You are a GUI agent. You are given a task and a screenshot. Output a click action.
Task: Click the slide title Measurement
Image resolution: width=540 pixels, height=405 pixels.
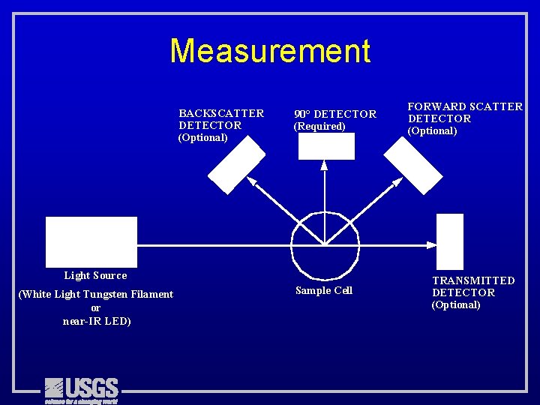coord(270,51)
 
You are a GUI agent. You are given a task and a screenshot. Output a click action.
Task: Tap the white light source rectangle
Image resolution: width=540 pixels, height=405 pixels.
coord(91,241)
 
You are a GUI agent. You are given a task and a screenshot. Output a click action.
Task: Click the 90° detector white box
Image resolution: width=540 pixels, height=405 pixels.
coord(326,146)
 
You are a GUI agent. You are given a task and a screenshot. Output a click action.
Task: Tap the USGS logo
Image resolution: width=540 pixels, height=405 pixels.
coord(81,389)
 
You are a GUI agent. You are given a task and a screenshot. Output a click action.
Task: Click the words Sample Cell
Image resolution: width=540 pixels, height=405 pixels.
coord(324,291)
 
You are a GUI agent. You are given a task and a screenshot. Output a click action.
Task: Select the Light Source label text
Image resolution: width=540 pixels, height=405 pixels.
coord(95,276)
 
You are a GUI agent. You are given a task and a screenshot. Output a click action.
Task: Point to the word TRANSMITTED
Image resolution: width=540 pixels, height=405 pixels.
coord(473,280)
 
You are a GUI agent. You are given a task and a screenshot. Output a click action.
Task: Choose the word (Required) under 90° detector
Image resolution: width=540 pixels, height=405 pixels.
coord(319,127)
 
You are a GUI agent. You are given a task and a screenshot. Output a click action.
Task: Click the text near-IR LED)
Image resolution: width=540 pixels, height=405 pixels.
coord(97,322)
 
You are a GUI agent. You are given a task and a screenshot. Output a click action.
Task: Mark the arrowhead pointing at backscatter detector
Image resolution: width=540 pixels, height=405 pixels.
coord(252,181)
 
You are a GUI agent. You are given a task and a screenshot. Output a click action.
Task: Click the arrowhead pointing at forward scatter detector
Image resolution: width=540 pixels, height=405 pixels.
coord(396,181)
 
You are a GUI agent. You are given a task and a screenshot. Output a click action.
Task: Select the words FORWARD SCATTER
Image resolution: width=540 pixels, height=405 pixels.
coord(465,106)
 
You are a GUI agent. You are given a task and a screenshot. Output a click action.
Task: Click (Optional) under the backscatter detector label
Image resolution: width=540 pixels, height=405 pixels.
coord(202,138)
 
